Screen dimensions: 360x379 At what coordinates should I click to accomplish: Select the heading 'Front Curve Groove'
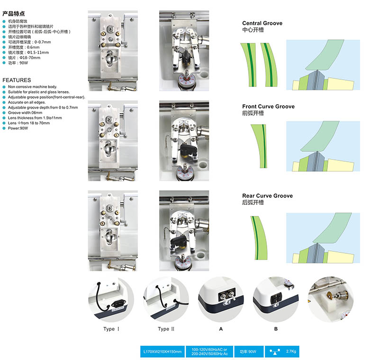(x=268, y=107)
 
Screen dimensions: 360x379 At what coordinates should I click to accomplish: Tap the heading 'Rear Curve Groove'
(x=267, y=196)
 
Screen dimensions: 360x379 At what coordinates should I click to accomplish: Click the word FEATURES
(x=17, y=80)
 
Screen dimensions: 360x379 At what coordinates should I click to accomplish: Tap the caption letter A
(x=220, y=329)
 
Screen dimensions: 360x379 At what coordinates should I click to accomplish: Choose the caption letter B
(x=275, y=329)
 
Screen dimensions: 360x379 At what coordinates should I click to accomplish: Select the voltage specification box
(x=208, y=351)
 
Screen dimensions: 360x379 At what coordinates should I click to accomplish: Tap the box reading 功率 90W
(x=248, y=351)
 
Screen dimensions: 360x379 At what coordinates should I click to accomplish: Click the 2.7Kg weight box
(x=282, y=351)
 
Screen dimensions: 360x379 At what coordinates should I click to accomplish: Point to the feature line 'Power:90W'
(x=18, y=128)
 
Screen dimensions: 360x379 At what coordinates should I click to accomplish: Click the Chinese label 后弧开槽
(x=253, y=203)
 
